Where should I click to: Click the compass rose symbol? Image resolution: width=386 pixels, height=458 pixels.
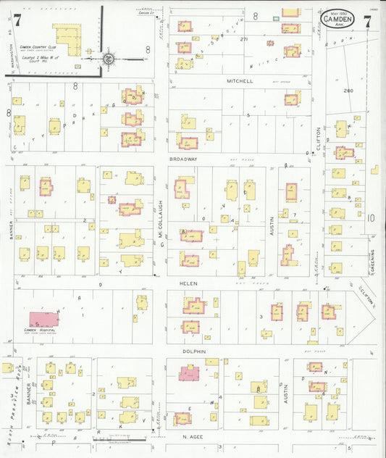coord(106,58)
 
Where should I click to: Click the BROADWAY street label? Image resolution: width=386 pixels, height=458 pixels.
coord(183,158)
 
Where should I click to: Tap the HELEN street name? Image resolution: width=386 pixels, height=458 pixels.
coord(190,283)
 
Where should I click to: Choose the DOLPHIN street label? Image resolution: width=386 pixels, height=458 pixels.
coord(195,351)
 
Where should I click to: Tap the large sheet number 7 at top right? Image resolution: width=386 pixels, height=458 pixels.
coord(368,22)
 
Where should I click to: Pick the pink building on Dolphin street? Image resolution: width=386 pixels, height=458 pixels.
coord(190,373)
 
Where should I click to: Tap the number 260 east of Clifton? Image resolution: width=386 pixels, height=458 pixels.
coord(348,91)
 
